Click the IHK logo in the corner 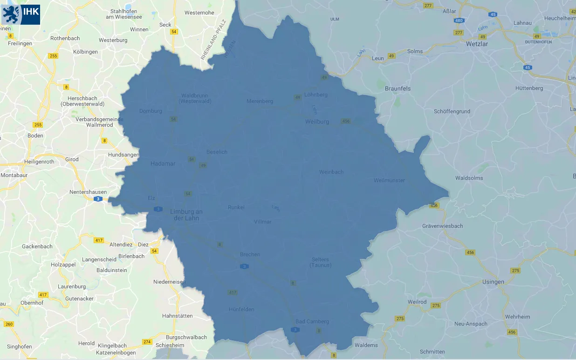click(21, 14)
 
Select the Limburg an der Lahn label click(186, 215)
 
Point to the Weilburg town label click(317, 122)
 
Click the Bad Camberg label click(312, 321)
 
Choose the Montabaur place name click(14, 175)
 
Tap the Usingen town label click(493, 282)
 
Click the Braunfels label click(398, 88)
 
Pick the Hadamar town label click(163, 163)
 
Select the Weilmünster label click(389, 180)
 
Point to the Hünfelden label click(241, 309)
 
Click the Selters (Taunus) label click(320, 262)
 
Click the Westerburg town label click(113, 40)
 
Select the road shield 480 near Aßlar click(459, 20)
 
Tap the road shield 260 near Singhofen click(9, 324)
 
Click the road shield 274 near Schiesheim click(147, 342)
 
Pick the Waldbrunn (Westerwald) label click(196, 98)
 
